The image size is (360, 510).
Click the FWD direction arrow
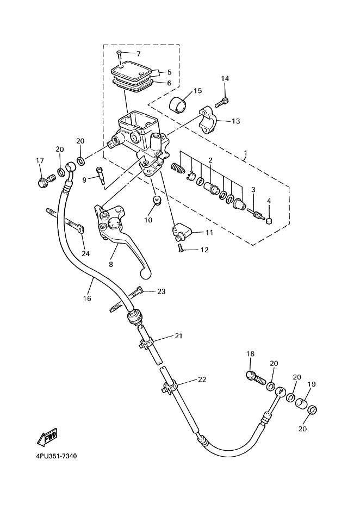[x=47, y=437]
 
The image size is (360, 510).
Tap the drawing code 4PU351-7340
[x=57, y=456]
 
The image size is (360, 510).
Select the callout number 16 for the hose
[x=87, y=298]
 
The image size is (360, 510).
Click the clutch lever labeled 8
[x=122, y=237]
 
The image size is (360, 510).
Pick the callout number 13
[x=236, y=121]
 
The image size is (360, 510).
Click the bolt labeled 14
[x=222, y=102]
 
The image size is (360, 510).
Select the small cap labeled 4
[x=269, y=221]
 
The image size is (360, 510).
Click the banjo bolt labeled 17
[x=45, y=180]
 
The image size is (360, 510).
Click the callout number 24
[x=85, y=253]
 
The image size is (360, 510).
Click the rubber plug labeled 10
[x=157, y=201]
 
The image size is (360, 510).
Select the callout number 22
[x=202, y=380]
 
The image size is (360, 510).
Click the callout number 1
[x=245, y=153]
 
